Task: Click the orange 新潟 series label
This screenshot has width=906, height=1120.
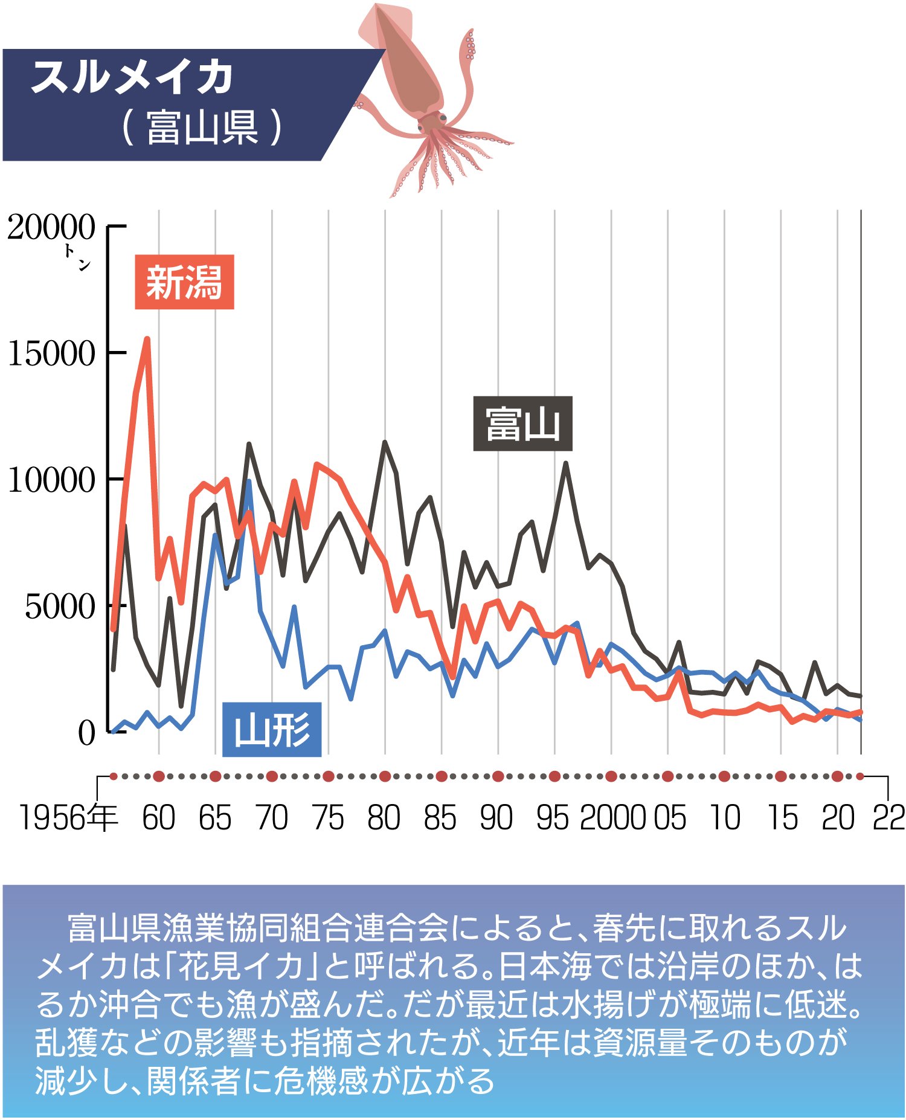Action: (184, 282)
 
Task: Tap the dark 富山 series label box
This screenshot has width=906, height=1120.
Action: (522, 423)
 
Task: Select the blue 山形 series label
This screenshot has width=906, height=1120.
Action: (272, 729)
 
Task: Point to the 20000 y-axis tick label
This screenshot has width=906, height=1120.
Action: (51, 228)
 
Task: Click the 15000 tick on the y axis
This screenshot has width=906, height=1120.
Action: (51, 353)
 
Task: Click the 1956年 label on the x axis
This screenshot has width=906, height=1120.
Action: (68, 818)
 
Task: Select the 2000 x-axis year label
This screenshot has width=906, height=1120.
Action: (613, 818)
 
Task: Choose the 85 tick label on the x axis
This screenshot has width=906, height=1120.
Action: (440, 818)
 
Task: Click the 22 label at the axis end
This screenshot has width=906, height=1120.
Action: (888, 818)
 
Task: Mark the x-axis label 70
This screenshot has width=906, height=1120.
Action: (272, 818)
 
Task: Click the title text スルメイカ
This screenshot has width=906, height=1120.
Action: (132, 77)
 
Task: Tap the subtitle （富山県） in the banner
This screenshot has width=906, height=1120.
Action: (202, 127)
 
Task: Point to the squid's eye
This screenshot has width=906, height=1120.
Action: (443, 117)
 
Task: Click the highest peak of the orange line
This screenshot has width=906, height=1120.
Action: (147, 340)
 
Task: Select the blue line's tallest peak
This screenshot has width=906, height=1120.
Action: (249, 482)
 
